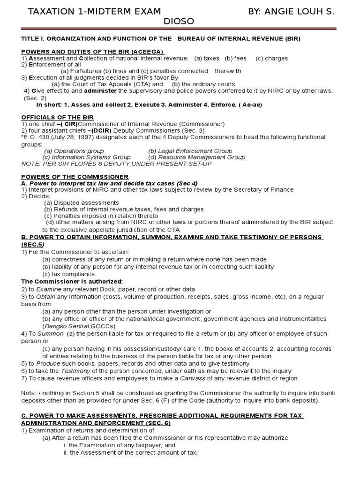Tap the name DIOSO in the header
180,22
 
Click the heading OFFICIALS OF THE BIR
58,117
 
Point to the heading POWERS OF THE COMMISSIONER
75,176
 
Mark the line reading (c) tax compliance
68,274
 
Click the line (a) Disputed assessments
82,202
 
